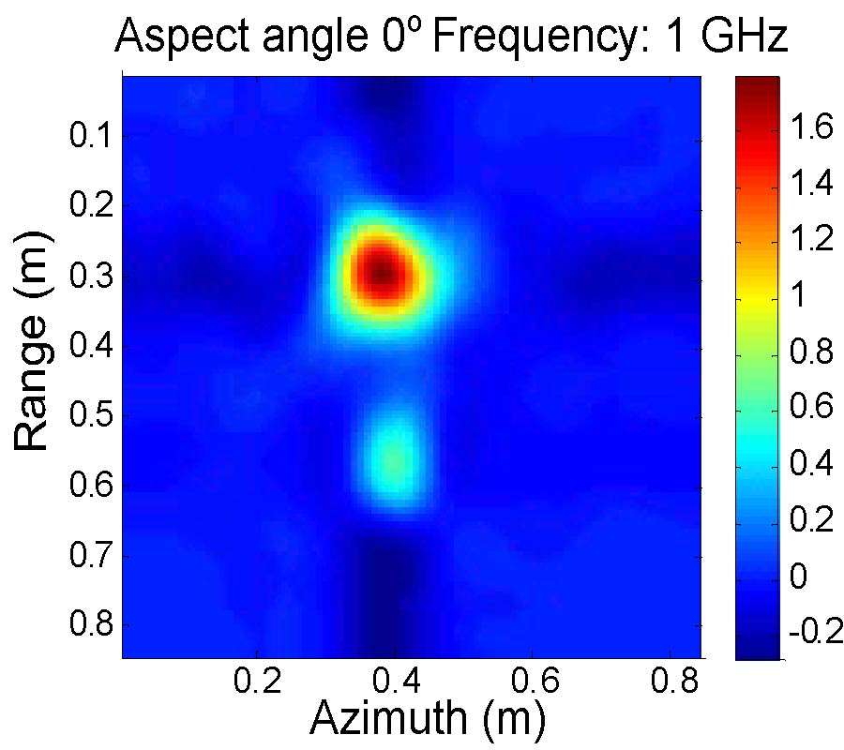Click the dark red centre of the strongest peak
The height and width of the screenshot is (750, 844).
click(x=380, y=273)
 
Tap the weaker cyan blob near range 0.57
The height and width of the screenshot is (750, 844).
click(x=392, y=460)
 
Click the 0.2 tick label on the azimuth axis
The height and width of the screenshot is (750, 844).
click(x=258, y=681)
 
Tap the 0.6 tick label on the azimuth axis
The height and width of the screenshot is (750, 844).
click(x=532, y=681)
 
